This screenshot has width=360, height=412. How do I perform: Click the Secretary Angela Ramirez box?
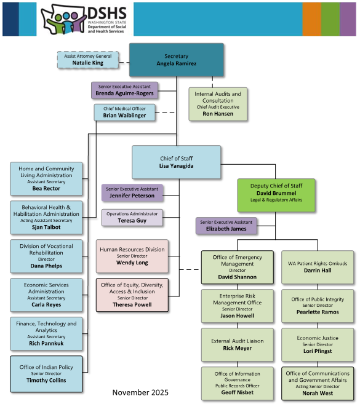[176, 60]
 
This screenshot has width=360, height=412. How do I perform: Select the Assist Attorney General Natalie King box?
[87, 59]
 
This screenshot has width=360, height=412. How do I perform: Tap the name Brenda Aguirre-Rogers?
[125, 93]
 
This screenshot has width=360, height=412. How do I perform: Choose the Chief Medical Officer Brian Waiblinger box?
[121, 112]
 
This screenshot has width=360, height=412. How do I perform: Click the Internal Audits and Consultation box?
[218, 103]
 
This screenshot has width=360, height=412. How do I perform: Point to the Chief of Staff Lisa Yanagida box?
[176, 162]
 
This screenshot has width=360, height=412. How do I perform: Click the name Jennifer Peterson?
[132, 196]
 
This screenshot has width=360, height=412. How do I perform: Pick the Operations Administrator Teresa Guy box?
[132, 217]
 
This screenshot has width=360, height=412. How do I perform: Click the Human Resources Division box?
[132, 255]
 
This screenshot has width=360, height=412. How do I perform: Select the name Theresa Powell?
[132, 304]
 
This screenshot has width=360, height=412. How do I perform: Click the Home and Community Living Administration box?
[46, 179]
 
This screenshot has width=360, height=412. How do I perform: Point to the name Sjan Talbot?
[46, 227]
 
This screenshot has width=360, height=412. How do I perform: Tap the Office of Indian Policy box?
[46, 373]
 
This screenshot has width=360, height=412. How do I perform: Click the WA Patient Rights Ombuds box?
[318, 267]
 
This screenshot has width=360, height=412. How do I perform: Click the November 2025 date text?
[140, 392]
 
